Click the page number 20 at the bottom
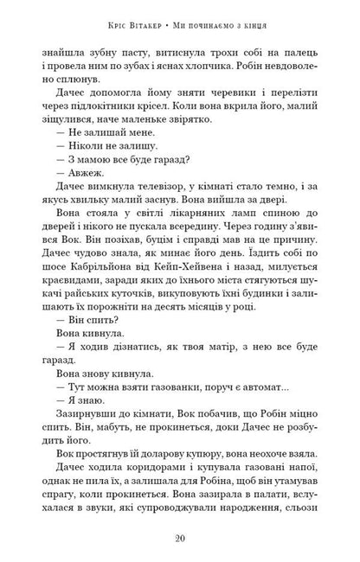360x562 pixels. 180,536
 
